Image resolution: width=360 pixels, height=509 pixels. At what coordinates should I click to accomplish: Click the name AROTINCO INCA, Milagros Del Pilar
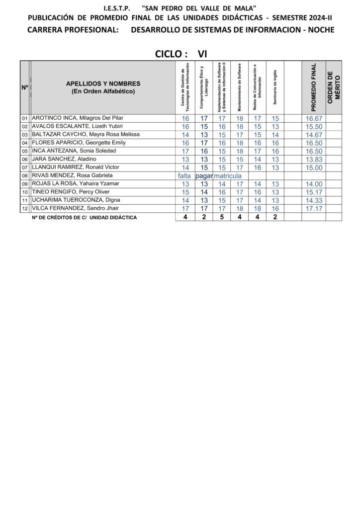(77, 118)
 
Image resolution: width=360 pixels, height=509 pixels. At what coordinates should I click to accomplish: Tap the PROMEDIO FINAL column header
(313, 87)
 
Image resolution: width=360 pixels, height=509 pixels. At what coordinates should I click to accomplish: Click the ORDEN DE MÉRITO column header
(334, 87)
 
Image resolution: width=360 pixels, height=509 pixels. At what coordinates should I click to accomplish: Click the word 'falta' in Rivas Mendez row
(185, 175)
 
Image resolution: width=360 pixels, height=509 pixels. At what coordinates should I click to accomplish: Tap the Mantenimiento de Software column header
(240, 87)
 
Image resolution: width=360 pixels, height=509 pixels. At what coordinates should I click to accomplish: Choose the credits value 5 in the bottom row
(222, 217)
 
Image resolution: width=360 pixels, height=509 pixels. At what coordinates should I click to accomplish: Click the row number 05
(24, 151)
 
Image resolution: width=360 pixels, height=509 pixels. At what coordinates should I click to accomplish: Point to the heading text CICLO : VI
(181, 54)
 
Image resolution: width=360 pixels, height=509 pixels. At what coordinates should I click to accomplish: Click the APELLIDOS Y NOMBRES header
(103, 87)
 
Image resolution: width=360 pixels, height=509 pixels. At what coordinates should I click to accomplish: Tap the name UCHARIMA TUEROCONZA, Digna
(72, 200)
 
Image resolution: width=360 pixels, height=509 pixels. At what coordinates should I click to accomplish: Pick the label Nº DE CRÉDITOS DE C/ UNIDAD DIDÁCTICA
(84, 218)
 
